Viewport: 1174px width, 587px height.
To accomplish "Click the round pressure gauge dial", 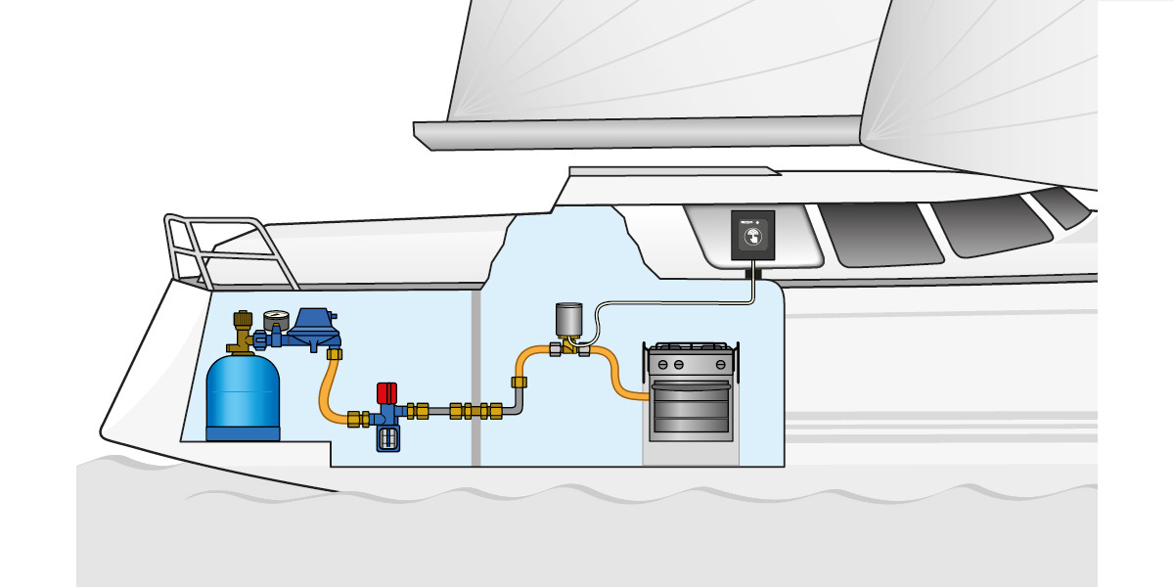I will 272,320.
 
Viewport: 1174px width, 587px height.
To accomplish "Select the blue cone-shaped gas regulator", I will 312,327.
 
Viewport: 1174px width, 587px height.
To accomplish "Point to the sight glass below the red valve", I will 389,438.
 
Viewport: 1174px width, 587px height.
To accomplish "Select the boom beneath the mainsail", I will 636,129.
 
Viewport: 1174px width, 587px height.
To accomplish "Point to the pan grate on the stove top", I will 691,348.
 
